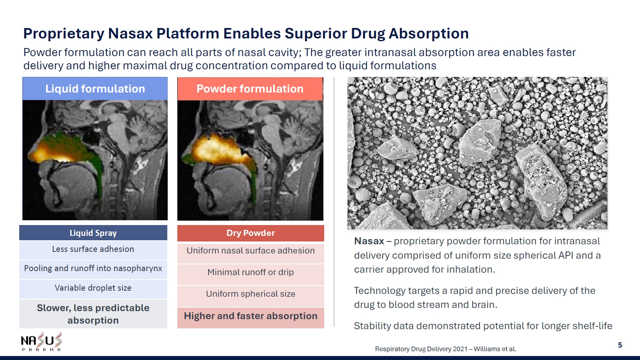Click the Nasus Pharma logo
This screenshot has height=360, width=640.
pos(42,342)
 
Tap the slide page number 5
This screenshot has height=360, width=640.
pos(620,345)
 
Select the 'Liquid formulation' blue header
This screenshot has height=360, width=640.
pos(95,88)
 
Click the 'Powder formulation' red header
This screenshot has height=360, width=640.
pos(250,88)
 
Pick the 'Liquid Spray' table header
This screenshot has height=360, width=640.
pos(93,233)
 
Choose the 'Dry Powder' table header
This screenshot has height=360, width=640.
pos(251,233)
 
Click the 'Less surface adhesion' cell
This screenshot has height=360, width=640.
pos(93,249)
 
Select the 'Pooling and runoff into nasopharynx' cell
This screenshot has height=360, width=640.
pos(93,269)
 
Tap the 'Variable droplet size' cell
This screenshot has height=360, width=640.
pos(93,288)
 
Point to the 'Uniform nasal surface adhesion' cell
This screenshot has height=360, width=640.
pos(251,251)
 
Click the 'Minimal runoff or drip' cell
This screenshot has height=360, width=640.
pos(251,272)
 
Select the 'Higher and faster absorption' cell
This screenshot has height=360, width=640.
pos(251,316)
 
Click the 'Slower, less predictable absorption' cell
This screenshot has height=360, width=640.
pos(93,314)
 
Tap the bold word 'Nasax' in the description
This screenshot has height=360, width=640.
pos(369,241)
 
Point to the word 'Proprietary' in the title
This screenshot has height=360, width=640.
pos(64,34)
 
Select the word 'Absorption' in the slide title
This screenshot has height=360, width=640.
pos(429,34)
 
